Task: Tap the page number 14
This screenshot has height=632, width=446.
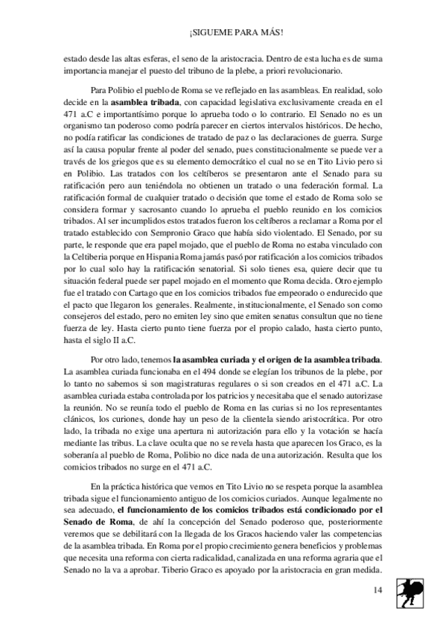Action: click(378, 590)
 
